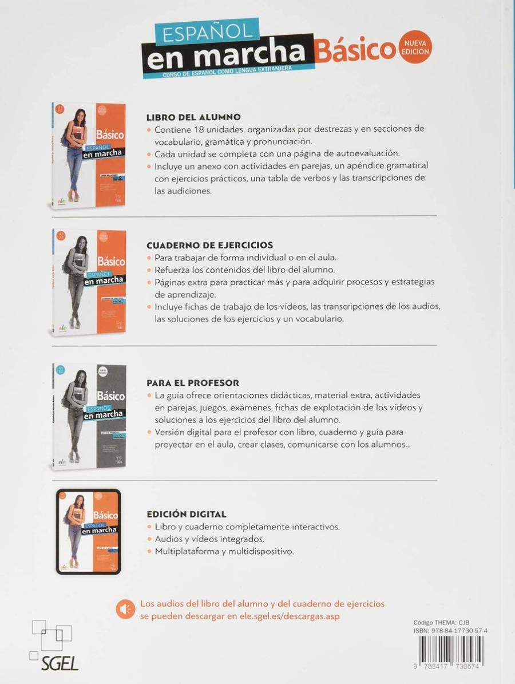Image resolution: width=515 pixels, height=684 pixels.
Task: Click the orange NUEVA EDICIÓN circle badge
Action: click(x=416, y=47)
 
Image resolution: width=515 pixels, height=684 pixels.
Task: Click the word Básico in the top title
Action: click(x=355, y=52)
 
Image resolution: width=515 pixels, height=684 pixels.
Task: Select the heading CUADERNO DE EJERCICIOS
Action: click(x=209, y=245)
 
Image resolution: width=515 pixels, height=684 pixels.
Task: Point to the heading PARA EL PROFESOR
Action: click(x=193, y=383)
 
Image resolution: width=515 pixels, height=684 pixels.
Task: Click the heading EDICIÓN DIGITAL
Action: click(x=187, y=514)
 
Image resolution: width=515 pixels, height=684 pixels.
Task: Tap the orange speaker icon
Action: click(x=125, y=609)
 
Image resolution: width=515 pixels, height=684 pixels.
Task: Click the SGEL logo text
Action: click(x=59, y=663)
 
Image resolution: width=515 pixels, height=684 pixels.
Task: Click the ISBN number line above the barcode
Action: click(x=450, y=631)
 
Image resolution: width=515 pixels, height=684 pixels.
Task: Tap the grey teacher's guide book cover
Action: click(x=89, y=416)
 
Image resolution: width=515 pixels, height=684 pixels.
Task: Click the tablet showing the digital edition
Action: click(x=89, y=531)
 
